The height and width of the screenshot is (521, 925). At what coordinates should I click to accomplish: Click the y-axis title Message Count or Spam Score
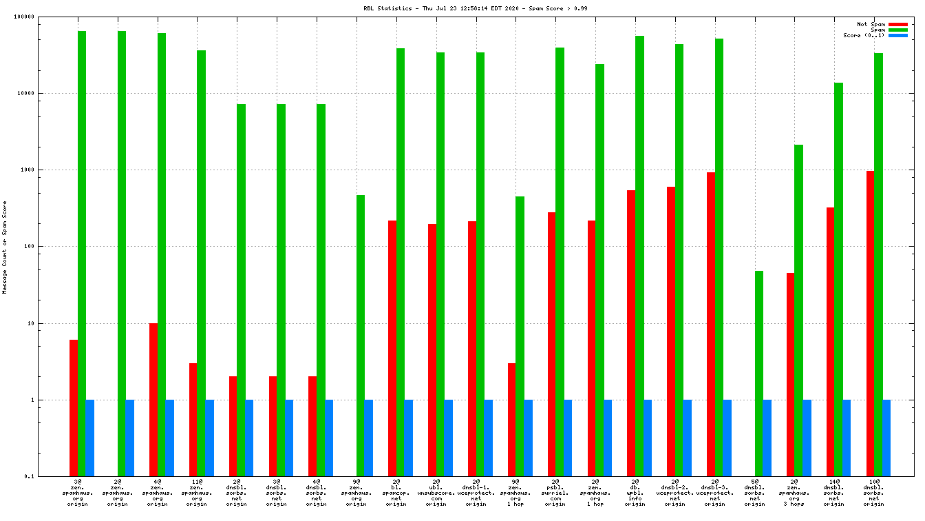pyautogui.click(x=5, y=247)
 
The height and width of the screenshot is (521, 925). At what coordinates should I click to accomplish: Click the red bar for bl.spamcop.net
pyautogui.click(x=392, y=348)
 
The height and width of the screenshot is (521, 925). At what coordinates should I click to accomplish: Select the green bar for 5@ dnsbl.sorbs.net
pyautogui.click(x=758, y=373)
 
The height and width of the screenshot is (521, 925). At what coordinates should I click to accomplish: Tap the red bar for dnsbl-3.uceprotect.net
pyautogui.click(x=711, y=324)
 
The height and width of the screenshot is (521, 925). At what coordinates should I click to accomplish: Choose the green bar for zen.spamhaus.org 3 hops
pyautogui.click(x=798, y=310)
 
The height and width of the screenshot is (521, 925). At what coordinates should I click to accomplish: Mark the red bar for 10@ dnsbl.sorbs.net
pyautogui.click(x=870, y=323)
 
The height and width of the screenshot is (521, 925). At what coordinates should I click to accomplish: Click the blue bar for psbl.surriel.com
pyautogui.click(x=568, y=438)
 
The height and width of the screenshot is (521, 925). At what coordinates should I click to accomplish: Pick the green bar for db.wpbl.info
pyautogui.click(x=639, y=256)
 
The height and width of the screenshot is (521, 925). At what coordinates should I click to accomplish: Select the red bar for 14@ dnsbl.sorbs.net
pyautogui.click(x=830, y=341)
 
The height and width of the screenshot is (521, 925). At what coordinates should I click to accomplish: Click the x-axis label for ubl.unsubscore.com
pyautogui.click(x=436, y=493)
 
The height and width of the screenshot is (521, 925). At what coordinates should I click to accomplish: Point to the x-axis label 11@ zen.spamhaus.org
pyautogui.click(x=197, y=493)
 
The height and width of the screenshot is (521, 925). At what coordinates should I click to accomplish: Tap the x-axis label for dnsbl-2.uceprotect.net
pyautogui.click(x=674, y=493)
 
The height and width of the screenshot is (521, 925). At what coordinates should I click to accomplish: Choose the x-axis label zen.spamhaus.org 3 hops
pyautogui.click(x=794, y=493)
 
